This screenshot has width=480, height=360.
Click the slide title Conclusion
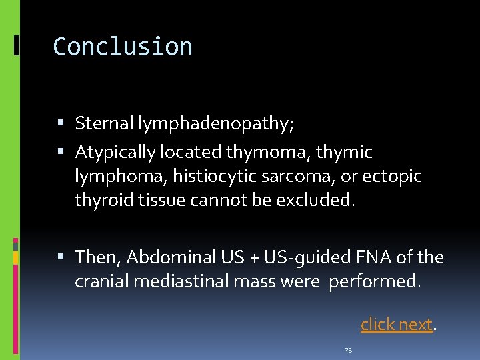123,47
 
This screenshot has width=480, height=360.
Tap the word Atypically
115,153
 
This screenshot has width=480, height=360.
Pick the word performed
375,281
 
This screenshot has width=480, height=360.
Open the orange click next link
397,325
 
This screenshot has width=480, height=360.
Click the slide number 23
349,349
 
